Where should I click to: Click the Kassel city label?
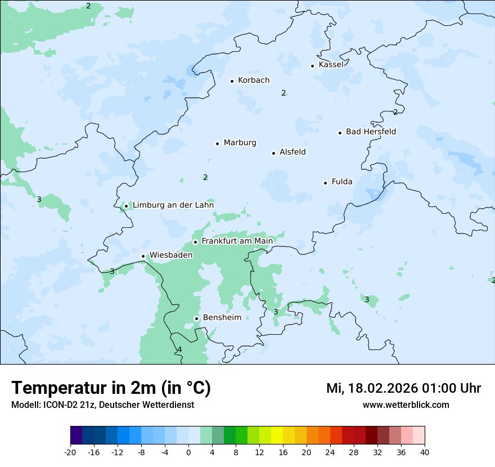coord(331,65)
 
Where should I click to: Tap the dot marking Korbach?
coord(232,81)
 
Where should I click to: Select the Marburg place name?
coord(240,143)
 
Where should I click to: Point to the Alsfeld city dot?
coord(273,153)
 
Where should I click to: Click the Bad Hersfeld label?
coord(371,132)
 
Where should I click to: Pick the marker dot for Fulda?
coord(325,183)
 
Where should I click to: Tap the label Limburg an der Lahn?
coord(173,205)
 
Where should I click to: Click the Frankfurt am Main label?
coord(237,241)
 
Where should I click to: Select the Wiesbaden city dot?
coord(143,257)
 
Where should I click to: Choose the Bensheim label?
coord(222,317)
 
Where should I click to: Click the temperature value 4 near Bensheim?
coord(179,350)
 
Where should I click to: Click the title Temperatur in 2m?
coord(111,388)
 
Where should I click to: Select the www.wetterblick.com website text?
coord(406,405)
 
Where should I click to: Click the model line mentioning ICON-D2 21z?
coord(102,405)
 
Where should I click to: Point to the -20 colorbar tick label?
coord(70,452)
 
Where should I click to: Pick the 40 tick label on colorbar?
coord(425,452)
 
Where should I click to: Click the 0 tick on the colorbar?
coord(188,452)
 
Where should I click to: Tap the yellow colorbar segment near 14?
coord(277,435)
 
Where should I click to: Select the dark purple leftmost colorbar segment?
coord(76,435)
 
